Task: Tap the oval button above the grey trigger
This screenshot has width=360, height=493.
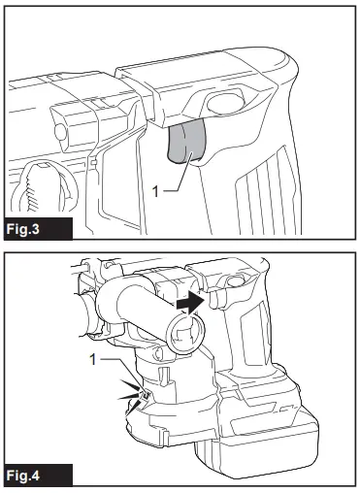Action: tap(225, 104)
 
